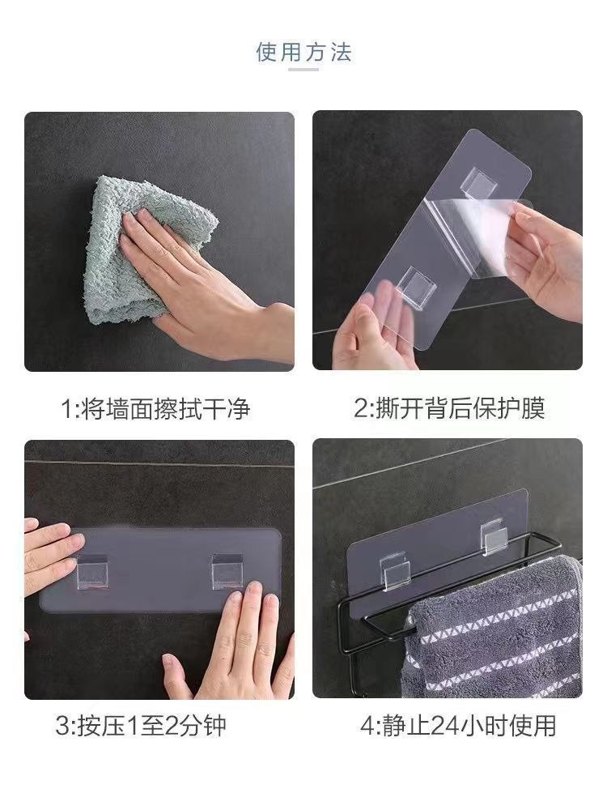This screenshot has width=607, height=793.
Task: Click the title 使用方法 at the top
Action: [x=303, y=52]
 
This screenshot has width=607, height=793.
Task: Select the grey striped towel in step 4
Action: [x=493, y=632]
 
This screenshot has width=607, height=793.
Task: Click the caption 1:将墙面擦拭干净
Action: [x=155, y=408]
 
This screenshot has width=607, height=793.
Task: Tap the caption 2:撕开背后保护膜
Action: [x=449, y=408]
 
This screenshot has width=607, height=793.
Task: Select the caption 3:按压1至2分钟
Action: [x=141, y=726]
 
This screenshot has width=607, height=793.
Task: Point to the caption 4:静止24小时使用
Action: [x=458, y=726]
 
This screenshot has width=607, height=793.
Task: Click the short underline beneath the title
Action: [x=303, y=70]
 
